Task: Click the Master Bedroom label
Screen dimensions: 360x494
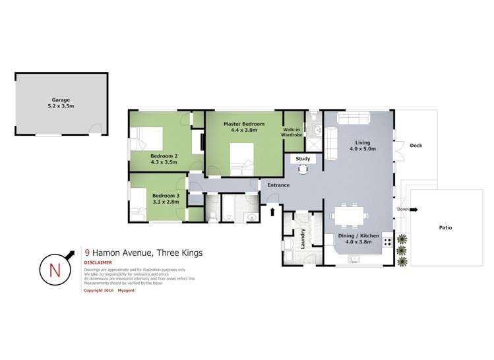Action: [243, 124]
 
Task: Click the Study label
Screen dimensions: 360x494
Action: [303, 159]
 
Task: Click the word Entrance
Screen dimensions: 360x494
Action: [278, 185]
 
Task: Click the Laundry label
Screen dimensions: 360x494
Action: [303, 235]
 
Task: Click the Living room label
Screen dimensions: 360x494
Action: [362, 142]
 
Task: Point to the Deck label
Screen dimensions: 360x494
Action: [416, 146]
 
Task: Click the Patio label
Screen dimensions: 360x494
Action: [445, 227]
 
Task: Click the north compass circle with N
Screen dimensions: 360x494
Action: [55, 268]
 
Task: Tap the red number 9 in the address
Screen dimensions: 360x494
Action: [88, 252]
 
